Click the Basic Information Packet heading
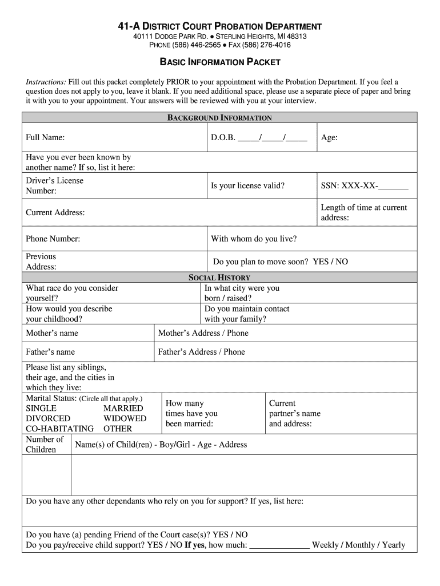[x=219, y=62]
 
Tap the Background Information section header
[x=219, y=118]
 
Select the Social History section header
[x=219, y=278]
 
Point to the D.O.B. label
[x=223, y=138]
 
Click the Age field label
[x=329, y=138]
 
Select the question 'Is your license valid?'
[x=247, y=185]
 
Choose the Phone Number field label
[x=53, y=239]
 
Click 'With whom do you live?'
[x=254, y=239]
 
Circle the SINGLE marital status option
[x=41, y=409]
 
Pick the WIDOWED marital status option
[x=125, y=419]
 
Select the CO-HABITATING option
[x=59, y=429]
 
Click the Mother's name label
[x=52, y=333]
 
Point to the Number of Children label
[x=45, y=445]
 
